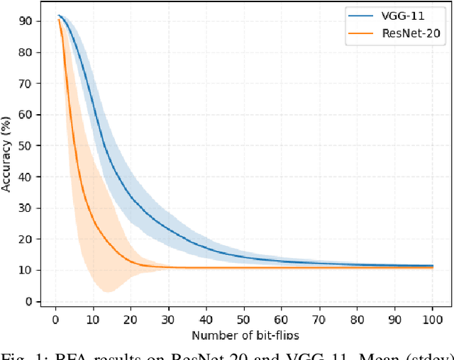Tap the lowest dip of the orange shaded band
point(108,292)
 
